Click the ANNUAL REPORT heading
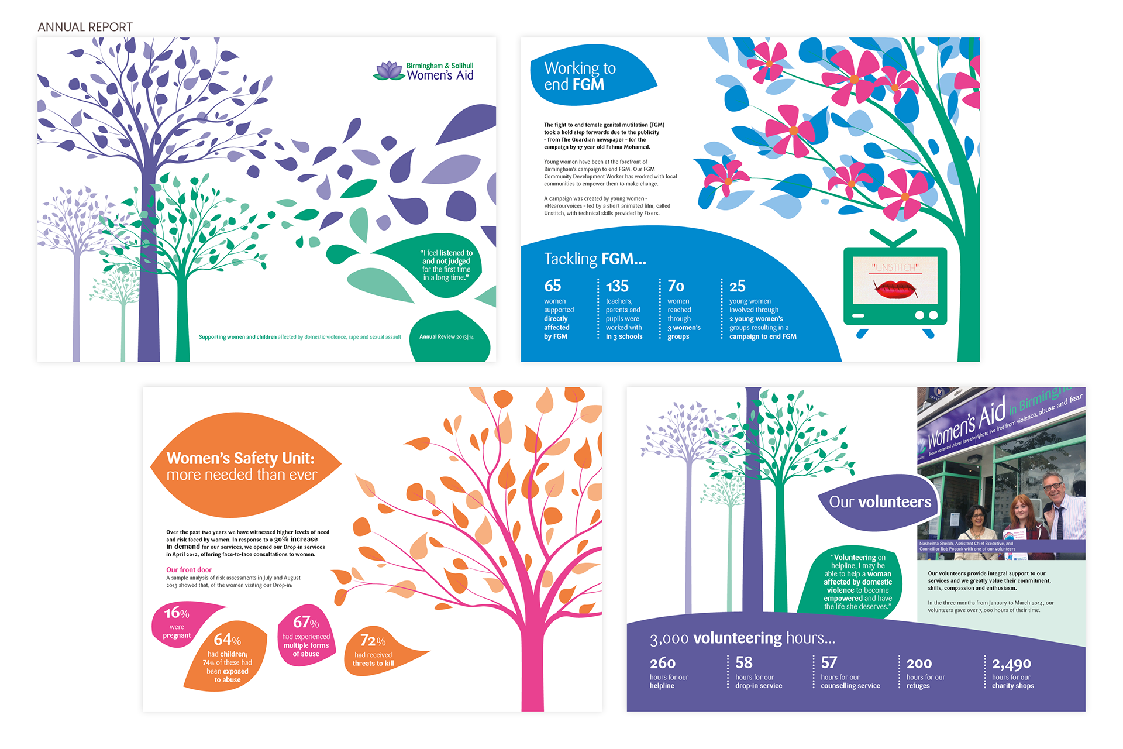(85, 27)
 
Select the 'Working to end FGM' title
(580, 77)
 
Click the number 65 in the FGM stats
(553, 286)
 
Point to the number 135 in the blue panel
(617, 286)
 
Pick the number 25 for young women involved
(737, 286)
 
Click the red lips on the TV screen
(894, 288)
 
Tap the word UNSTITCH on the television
(895, 267)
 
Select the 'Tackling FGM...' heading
(595, 259)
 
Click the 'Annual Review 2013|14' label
(446, 337)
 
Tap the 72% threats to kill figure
(373, 650)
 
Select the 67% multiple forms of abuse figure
(306, 635)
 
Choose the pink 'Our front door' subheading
(189, 569)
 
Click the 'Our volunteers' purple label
(880, 502)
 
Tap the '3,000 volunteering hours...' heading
(742, 638)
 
